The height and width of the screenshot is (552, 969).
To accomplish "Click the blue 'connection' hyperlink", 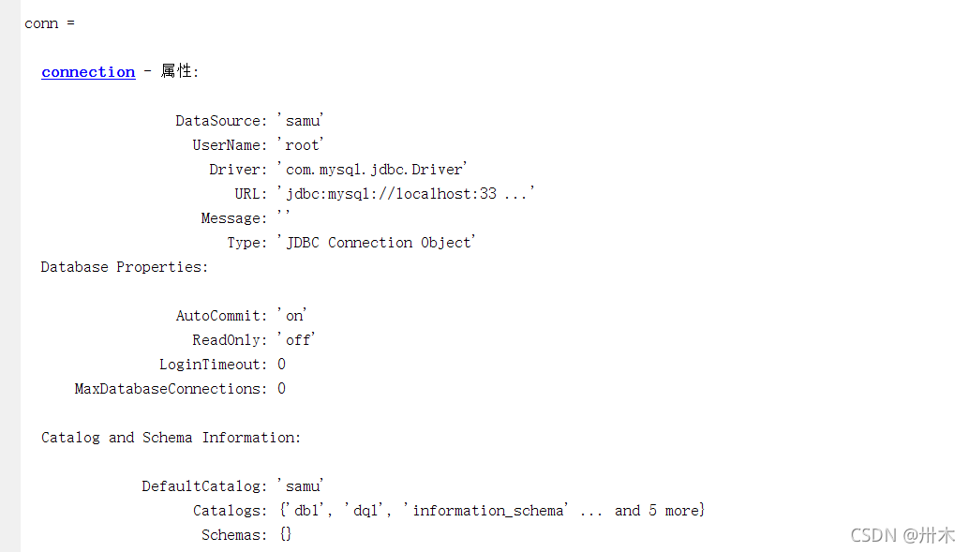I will coord(88,72).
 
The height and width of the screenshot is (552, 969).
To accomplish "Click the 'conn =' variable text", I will coord(50,23).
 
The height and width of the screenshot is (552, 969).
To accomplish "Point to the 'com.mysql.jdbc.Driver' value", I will coord(372,170).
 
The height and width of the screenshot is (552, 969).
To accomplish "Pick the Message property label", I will coord(233,218).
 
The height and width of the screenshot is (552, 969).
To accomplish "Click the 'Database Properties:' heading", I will coord(125,267).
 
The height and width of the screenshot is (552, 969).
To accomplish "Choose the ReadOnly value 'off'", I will coord(297,340).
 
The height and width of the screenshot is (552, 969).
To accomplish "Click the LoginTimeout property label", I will coord(213,365).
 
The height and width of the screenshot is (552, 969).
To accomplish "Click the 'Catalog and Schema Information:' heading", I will coord(171,438).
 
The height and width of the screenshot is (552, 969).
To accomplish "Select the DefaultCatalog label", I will coord(204,486).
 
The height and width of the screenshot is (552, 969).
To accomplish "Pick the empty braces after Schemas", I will coord(285,535).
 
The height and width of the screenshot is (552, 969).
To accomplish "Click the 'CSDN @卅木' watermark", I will coord(902,535).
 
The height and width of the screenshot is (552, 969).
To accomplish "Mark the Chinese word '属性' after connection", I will coord(175,71).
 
